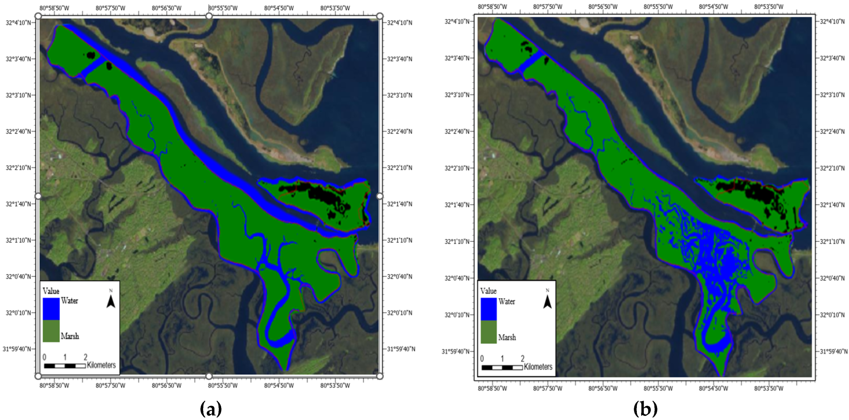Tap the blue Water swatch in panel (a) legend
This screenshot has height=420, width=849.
(51, 309)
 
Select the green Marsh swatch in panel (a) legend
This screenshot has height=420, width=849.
(51, 331)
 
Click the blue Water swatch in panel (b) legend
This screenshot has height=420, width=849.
(488, 309)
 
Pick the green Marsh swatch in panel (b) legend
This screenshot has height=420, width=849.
(488, 332)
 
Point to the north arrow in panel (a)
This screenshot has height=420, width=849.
(111, 299)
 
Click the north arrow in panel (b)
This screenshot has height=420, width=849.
(547, 300)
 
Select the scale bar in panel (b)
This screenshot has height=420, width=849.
(502, 367)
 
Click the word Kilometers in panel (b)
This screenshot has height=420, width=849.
(538, 366)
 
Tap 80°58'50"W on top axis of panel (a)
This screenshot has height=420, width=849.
(54, 8)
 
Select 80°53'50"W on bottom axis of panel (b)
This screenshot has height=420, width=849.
(769, 388)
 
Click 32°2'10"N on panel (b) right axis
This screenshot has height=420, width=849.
(832, 168)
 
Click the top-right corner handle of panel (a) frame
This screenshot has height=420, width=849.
(380, 16)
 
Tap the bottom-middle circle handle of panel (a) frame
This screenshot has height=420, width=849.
(209, 376)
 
